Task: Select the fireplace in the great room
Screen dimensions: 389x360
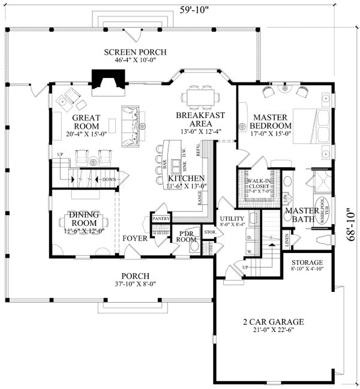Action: (108, 78)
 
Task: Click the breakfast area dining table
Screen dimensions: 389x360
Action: (199, 96)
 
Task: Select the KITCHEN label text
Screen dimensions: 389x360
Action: (187, 179)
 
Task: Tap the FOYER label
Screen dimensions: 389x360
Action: (136, 239)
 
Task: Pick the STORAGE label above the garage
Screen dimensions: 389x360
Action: (307, 263)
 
